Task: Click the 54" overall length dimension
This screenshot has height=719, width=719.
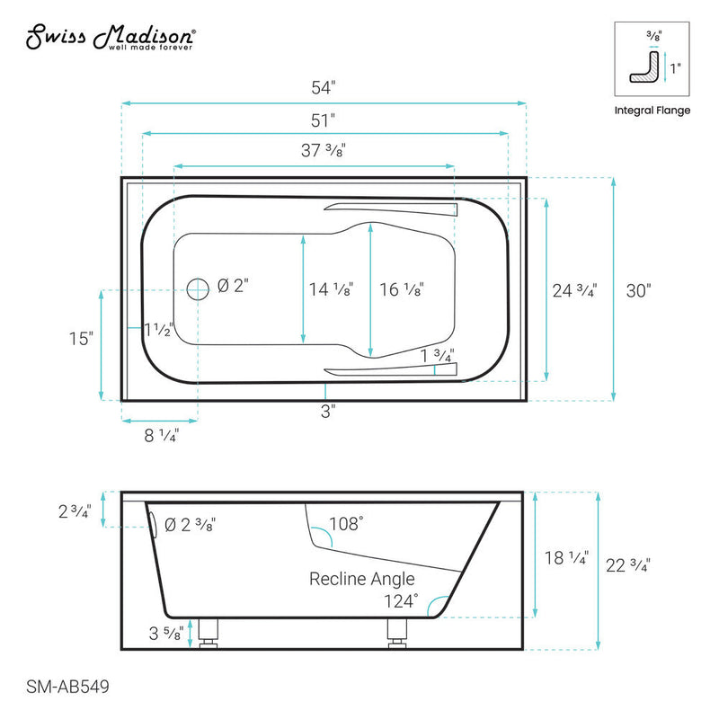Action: (x=322, y=88)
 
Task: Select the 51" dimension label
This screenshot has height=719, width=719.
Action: (x=322, y=119)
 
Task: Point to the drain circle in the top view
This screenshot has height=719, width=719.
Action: (x=198, y=288)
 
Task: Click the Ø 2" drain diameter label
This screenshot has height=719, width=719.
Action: (x=233, y=287)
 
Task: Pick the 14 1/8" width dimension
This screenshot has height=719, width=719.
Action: (x=330, y=289)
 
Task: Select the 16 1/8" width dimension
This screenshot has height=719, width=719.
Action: (x=401, y=289)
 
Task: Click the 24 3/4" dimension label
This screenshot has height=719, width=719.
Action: (x=573, y=289)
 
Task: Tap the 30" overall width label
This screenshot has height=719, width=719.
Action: (x=637, y=289)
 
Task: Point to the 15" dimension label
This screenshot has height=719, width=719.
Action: (x=80, y=338)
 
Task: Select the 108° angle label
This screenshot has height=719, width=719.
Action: (x=346, y=522)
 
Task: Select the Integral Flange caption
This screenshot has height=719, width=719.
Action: (x=652, y=111)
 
